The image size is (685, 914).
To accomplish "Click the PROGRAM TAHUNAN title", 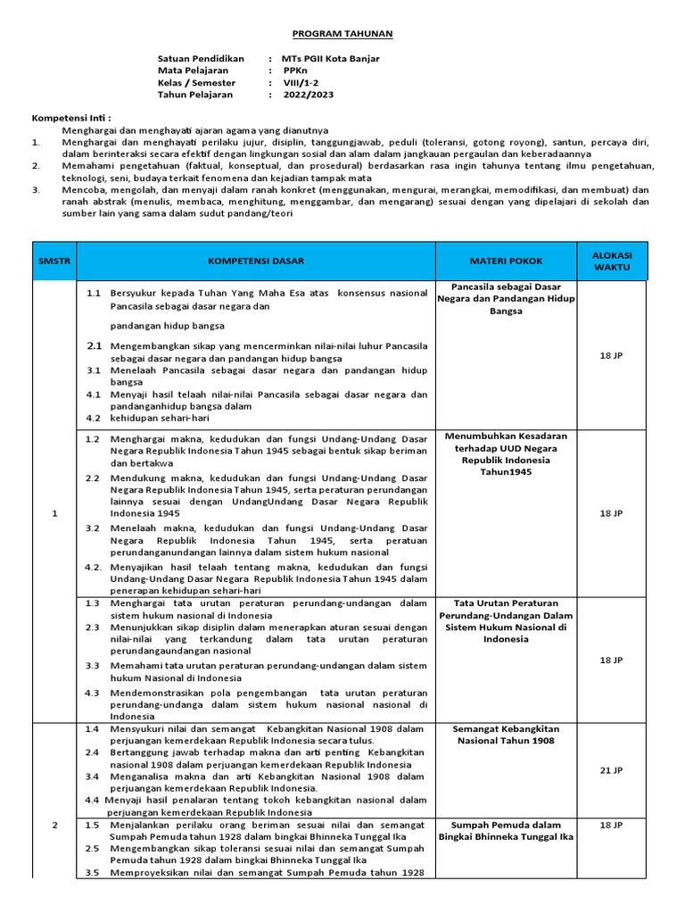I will pyautogui.click(x=342, y=33).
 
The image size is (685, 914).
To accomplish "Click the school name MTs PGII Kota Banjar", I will pyautogui.click(x=330, y=59).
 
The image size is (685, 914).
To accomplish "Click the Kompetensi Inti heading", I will pyautogui.click(x=72, y=118).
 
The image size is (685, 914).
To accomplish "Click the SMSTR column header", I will pyautogui.click(x=54, y=261).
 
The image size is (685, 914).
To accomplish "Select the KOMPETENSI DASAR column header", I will pyautogui.click(x=256, y=261).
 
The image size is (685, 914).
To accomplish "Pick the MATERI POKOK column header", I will pyautogui.click(x=506, y=261).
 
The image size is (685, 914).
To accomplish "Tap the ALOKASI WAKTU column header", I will pyautogui.click(x=611, y=261).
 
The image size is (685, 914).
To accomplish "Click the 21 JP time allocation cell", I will pyautogui.click(x=611, y=769).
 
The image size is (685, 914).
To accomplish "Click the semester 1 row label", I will pyautogui.click(x=54, y=513).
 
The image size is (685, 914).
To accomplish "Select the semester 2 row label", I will pyautogui.click(x=54, y=825).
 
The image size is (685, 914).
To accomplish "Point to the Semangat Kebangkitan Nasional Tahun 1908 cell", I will pyautogui.click(x=506, y=735).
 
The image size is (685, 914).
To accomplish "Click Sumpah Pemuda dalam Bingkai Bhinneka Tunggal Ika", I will pyautogui.click(x=506, y=830).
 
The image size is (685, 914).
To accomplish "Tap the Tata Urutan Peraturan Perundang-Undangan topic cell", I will pyautogui.click(x=506, y=620).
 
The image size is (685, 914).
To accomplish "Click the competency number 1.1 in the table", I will pyautogui.click(x=93, y=292).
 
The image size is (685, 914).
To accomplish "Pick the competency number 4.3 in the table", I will pyautogui.click(x=93, y=692).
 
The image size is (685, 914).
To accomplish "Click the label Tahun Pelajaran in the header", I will pyautogui.click(x=195, y=94).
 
